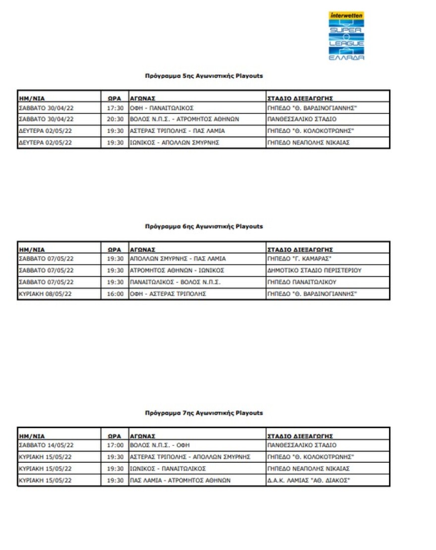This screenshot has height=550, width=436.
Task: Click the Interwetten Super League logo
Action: click(347, 36)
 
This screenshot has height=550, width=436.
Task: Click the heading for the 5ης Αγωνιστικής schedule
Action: click(204, 76)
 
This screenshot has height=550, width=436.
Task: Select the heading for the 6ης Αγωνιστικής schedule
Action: click(204, 226)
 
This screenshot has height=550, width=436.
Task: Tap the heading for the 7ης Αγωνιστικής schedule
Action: click(204, 413)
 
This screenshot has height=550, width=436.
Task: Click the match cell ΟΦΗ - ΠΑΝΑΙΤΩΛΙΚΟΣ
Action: click(162, 108)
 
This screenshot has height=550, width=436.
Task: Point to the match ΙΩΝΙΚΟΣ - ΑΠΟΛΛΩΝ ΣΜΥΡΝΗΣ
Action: click(175, 143)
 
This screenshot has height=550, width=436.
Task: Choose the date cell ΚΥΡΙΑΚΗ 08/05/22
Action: click(46, 294)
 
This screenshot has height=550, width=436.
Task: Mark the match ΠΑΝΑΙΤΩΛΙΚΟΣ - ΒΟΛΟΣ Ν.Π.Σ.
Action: click(175, 282)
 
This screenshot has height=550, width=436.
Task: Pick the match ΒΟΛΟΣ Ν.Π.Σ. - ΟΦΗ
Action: click(155, 445)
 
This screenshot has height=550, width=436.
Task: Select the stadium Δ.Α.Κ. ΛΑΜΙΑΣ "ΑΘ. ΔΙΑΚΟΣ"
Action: click(308, 480)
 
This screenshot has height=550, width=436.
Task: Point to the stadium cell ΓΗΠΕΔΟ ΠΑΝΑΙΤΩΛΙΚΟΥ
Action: click(302, 282)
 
